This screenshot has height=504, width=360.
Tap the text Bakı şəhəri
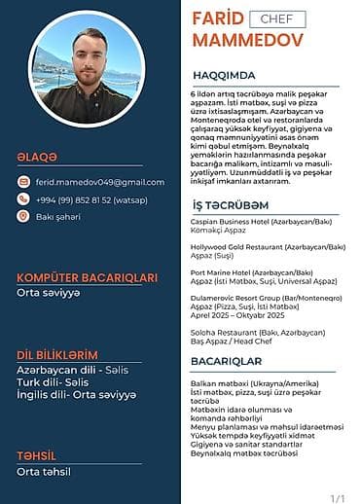click(58, 216)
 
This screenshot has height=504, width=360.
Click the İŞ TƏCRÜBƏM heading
click(231, 206)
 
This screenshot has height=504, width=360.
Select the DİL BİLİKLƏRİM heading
click(56, 354)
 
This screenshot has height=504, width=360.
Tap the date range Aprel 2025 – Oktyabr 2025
click(237, 316)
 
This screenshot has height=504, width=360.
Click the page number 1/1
click(338, 498)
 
